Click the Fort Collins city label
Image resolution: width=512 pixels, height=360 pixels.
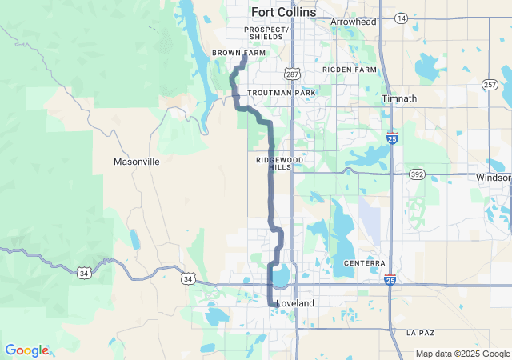283,13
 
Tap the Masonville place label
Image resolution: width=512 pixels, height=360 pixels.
137,162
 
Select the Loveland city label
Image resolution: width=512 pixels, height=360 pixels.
295,304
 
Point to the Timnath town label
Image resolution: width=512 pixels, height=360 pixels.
400,98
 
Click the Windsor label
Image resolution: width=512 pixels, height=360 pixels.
493,178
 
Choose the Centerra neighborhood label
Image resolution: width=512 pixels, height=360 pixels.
365,263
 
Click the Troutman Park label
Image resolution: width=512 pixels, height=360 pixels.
282,93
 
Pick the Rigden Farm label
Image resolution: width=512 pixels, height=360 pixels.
349,70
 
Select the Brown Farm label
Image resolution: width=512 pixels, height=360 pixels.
238,53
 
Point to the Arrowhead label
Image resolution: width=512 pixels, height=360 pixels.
353,22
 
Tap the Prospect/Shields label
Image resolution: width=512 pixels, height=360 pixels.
266,33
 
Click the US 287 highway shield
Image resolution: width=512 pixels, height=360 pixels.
294,74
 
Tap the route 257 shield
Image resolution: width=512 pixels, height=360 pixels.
490,84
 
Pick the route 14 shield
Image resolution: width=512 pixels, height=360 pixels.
401,17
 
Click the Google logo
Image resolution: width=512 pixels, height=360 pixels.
26,350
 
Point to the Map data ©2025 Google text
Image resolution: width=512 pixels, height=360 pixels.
462,354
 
